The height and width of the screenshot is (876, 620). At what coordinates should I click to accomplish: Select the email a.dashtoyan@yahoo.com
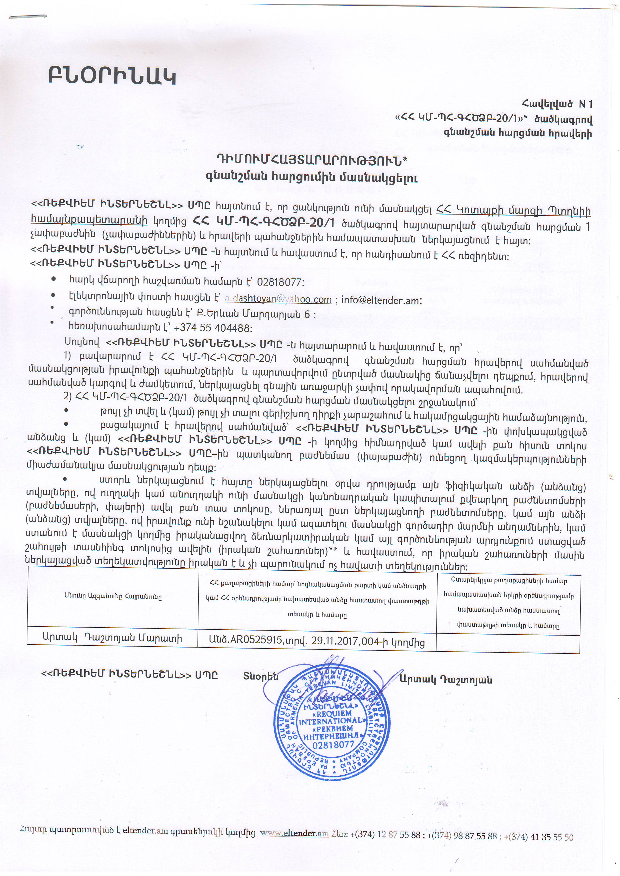point(278,299)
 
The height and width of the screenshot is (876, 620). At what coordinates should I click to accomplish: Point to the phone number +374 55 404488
point(212,328)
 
